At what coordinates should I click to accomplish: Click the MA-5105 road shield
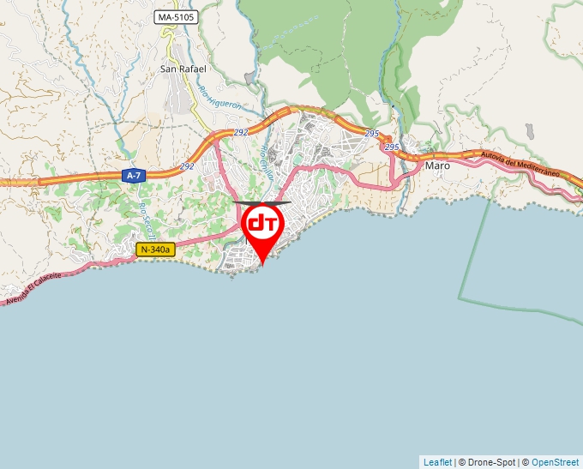pyautogui.click(x=176, y=17)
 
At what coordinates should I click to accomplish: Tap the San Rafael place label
pyautogui.click(x=183, y=69)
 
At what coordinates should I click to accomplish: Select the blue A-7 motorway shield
pyautogui.click(x=132, y=176)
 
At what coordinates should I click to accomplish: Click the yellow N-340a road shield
pyautogui.click(x=155, y=250)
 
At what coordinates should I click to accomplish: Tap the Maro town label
pyautogui.click(x=437, y=165)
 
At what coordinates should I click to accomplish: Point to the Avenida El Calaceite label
pyautogui.click(x=33, y=288)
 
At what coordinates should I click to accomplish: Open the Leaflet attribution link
pyautogui.click(x=437, y=462)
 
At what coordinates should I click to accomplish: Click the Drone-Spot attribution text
pyautogui.click(x=487, y=462)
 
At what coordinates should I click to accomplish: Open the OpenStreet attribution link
pyautogui.click(x=555, y=462)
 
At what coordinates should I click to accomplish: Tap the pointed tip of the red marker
pyautogui.click(x=262, y=264)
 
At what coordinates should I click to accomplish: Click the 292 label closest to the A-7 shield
pyautogui.click(x=187, y=166)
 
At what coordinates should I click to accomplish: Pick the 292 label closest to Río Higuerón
pyautogui.click(x=241, y=133)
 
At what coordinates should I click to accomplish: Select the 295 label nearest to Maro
pyautogui.click(x=392, y=147)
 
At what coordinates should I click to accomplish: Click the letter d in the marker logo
pyautogui.click(x=256, y=224)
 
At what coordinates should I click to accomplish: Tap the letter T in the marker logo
pyautogui.click(x=269, y=223)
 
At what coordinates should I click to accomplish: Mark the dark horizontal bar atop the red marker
pyautogui.click(x=262, y=203)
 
